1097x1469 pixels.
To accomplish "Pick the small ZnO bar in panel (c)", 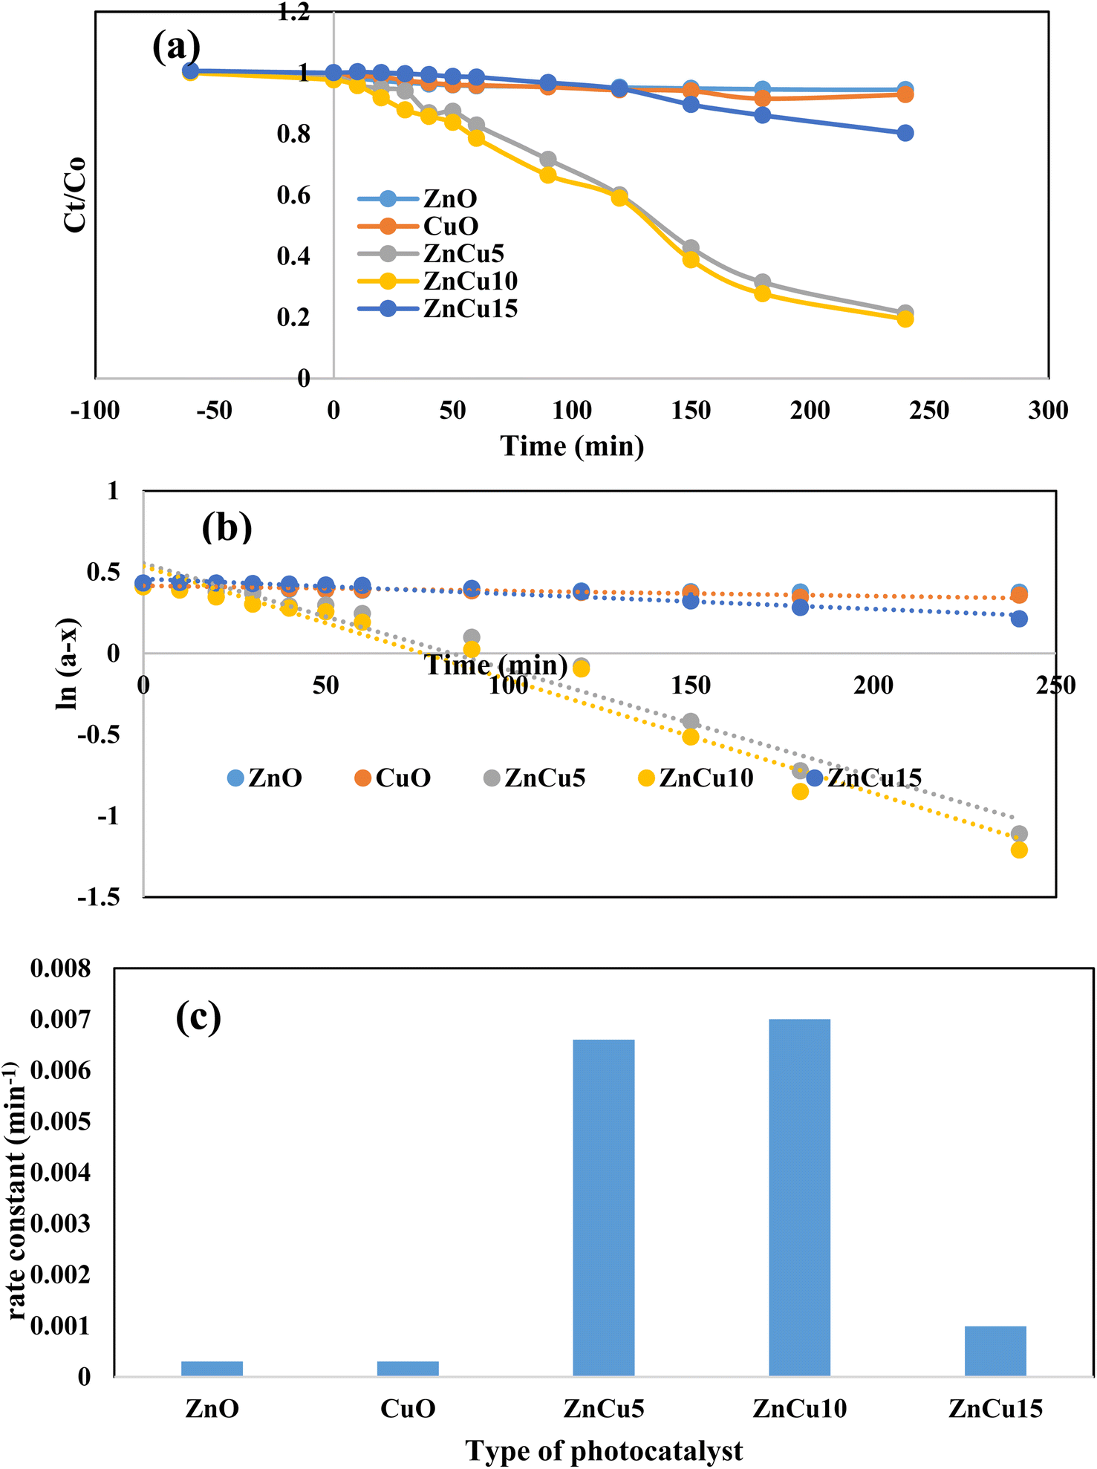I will point(212,1368).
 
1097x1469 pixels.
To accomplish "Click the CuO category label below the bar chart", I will point(407,1408).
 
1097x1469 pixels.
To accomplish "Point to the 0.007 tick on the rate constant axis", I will point(60,1020).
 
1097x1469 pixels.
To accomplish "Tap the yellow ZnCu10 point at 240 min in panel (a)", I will point(905,319).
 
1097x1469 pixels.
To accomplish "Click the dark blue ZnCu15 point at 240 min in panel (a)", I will point(905,133).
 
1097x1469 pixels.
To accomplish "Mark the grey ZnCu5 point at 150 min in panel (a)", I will point(691,247).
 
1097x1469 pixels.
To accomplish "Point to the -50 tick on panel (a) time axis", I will point(214,411).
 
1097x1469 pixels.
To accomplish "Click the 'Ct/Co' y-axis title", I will point(75,195).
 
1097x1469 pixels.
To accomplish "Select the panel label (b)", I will point(227,527).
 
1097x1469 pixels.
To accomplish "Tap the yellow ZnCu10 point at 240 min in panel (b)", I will point(1019,850).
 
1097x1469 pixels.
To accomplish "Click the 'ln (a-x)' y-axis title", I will point(68,665).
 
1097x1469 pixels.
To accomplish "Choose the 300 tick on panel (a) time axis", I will point(1048,411).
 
